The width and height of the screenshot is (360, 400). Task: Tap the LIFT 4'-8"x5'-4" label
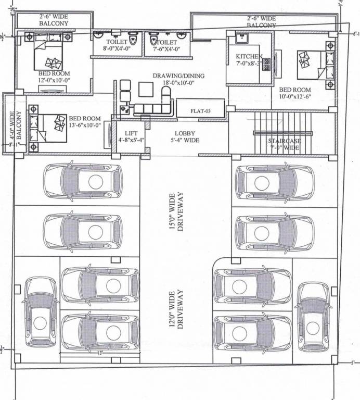click(x=127, y=136)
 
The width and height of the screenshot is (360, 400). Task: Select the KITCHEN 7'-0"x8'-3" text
click(x=249, y=59)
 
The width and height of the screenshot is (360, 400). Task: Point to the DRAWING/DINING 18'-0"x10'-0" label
click(x=178, y=79)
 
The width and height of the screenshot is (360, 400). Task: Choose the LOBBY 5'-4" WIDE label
click(x=185, y=136)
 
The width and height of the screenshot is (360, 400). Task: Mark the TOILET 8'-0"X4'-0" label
click(x=117, y=45)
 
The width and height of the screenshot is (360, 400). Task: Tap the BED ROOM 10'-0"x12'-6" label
click(x=295, y=93)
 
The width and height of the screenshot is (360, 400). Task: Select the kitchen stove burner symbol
click(x=267, y=64)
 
